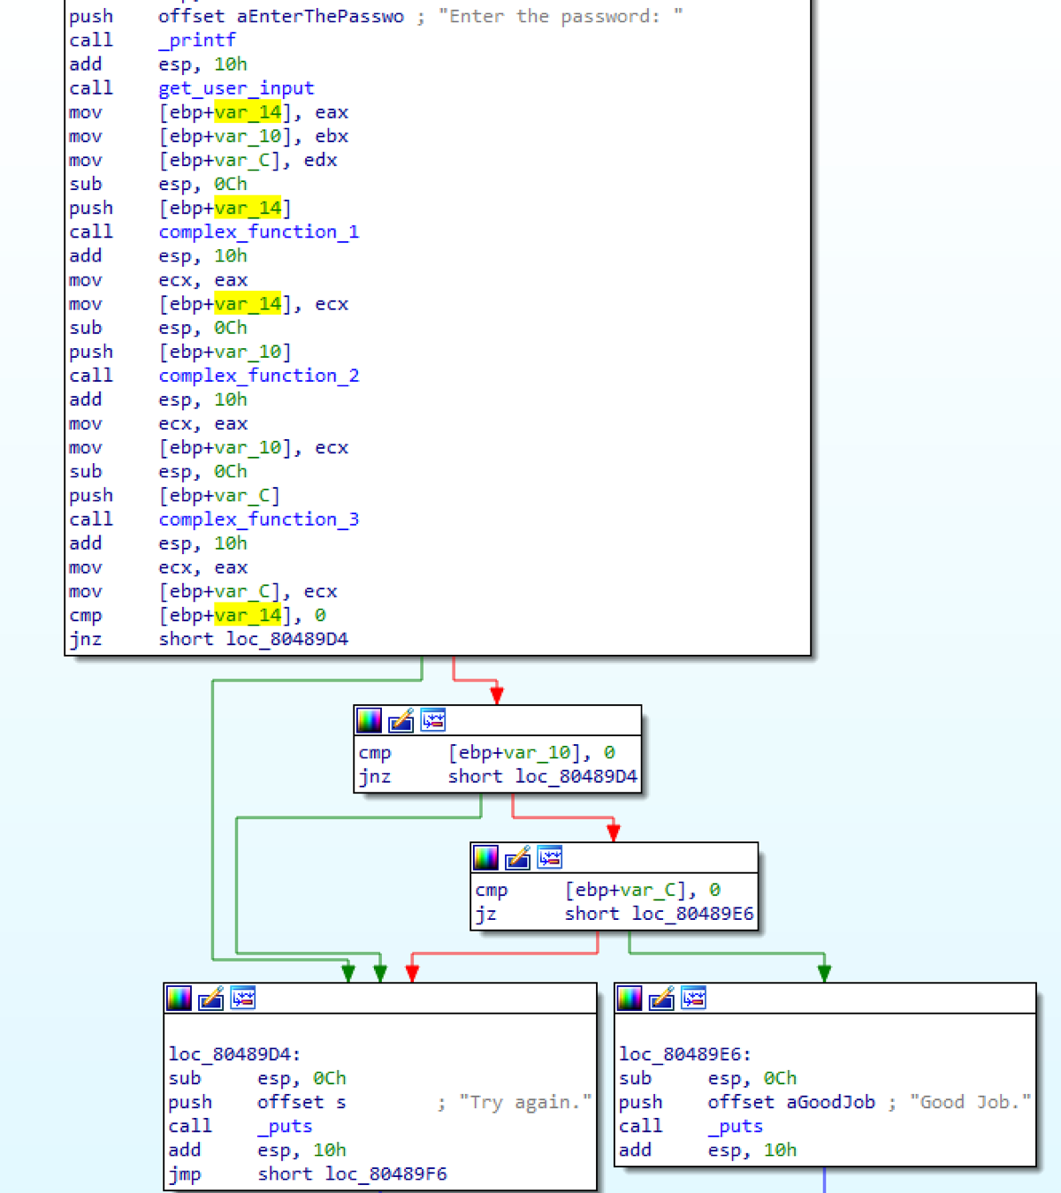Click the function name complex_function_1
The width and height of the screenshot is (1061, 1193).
258,232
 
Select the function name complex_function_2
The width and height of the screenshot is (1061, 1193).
258,376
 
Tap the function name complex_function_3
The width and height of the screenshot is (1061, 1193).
258,520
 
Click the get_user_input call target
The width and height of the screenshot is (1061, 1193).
236,88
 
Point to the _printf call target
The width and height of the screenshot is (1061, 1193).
197,41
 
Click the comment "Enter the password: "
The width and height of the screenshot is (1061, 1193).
560,17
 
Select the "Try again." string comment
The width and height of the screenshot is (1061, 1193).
525,1103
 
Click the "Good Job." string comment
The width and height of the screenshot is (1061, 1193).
970,1103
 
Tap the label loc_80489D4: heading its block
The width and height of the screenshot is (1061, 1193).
234,1054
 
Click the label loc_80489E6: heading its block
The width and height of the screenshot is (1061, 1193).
684,1054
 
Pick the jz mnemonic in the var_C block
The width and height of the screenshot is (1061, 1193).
485,915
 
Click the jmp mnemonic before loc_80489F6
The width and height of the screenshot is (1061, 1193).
185,1174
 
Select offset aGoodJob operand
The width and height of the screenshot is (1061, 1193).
790,1103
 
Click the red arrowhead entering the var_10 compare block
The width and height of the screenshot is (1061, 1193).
497,695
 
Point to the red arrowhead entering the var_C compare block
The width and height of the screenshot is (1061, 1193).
614,832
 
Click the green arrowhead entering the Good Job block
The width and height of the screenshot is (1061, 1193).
824,973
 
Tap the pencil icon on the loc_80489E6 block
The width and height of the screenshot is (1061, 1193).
661,999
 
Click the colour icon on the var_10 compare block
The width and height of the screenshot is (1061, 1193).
369,721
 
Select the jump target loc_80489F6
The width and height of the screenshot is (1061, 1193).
385,1174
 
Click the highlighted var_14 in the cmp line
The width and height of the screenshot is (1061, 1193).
248,616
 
